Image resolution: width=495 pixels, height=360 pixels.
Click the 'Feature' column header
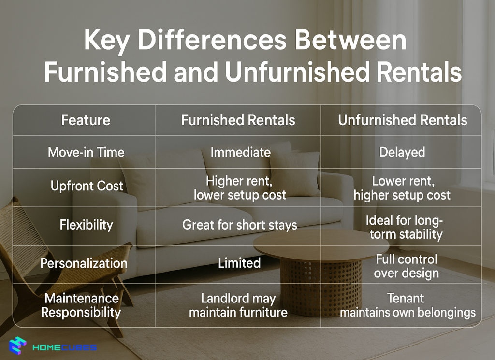click(86, 120)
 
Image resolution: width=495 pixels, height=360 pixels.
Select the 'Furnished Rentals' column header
click(238, 120)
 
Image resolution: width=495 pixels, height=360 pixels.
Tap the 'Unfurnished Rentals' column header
click(402, 120)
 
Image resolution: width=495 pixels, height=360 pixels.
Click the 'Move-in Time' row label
click(86, 152)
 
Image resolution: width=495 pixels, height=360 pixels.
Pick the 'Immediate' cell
click(240, 152)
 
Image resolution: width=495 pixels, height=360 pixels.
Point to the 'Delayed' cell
click(402, 152)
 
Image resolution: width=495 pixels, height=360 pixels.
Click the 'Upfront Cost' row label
click(87, 186)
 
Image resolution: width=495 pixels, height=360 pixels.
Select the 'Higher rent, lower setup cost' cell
click(240, 188)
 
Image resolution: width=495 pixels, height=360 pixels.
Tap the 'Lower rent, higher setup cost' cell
click(402, 188)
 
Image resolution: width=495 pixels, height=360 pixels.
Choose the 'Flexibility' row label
click(86, 225)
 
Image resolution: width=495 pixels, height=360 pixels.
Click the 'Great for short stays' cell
click(240, 225)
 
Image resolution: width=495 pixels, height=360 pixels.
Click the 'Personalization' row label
click(84, 263)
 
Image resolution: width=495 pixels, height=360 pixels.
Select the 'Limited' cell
click(239, 263)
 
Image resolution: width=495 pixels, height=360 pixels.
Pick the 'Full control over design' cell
click(406, 266)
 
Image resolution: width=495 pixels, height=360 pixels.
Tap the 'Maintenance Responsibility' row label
click(81, 305)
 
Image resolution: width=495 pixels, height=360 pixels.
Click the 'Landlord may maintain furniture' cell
click(238, 305)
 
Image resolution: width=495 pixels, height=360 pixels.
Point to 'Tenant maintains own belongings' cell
click(407, 305)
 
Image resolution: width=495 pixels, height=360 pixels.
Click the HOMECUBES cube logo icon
click(18, 346)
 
